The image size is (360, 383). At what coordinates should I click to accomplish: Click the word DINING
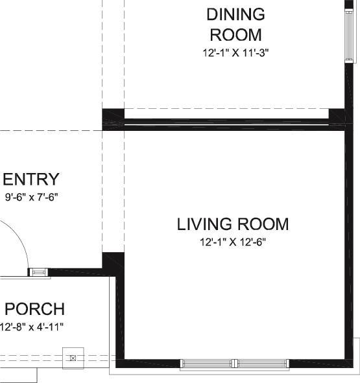(x=235, y=14)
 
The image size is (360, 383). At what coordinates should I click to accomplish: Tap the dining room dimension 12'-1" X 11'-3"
(x=235, y=52)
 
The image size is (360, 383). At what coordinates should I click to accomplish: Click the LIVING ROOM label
(x=233, y=224)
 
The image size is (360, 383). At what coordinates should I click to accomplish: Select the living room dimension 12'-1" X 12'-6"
(x=233, y=242)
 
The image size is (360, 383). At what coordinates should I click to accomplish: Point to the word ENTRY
(x=31, y=179)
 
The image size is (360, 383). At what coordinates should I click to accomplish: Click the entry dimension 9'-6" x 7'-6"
(x=31, y=197)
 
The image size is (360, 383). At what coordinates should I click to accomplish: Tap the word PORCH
(x=35, y=309)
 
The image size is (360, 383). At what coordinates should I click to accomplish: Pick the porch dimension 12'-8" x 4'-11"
(x=31, y=327)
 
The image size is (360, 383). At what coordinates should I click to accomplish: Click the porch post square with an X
(x=73, y=358)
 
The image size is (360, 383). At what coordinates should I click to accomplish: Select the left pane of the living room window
(x=207, y=364)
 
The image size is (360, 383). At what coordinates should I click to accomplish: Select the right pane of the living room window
(x=262, y=364)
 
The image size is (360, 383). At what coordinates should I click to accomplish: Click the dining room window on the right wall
(x=349, y=36)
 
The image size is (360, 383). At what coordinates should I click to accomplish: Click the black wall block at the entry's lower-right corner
(x=113, y=264)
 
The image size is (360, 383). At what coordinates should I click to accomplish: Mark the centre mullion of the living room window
(x=235, y=364)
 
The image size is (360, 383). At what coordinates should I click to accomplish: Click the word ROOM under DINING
(x=235, y=35)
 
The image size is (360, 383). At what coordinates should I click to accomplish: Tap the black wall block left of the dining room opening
(x=113, y=120)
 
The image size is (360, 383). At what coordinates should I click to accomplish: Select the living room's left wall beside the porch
(x=120, y=318)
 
